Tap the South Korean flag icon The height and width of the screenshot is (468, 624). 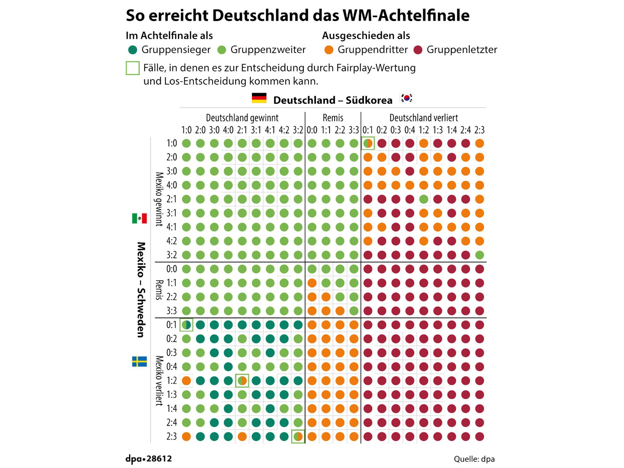[x=406, y=98]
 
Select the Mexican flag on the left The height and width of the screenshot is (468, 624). [x=139, y=218]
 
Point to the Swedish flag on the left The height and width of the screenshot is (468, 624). [x=139, y=361]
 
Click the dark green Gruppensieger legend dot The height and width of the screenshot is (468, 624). [x=133, y=50]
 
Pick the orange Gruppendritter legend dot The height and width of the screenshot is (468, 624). [x=329, y=50]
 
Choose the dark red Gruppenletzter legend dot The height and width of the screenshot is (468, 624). [x=418, y=50]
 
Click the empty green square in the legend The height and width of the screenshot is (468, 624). [x=133, y=68]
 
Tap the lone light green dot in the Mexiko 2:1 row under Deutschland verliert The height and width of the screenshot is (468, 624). [x=424, y=199]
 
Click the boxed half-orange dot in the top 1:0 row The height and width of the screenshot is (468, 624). [x=368, y=143]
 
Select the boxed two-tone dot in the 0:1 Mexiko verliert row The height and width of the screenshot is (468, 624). [x=186, y=325]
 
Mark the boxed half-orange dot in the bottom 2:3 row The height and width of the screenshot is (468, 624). [x=298, y=436]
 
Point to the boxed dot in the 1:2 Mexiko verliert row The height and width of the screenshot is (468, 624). [x=242, y=381]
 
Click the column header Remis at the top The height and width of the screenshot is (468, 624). [x=333, y=118]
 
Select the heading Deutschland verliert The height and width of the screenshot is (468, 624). [x=424, y=118]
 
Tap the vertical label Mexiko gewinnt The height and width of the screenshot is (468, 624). [x=159, y=199]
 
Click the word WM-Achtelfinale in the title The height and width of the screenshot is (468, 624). [x=406, y=16]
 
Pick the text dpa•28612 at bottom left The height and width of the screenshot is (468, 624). [x=149, y=458]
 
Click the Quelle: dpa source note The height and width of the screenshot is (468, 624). [x=474, y=459]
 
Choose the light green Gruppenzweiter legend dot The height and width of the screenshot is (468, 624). [x=222, y=50]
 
